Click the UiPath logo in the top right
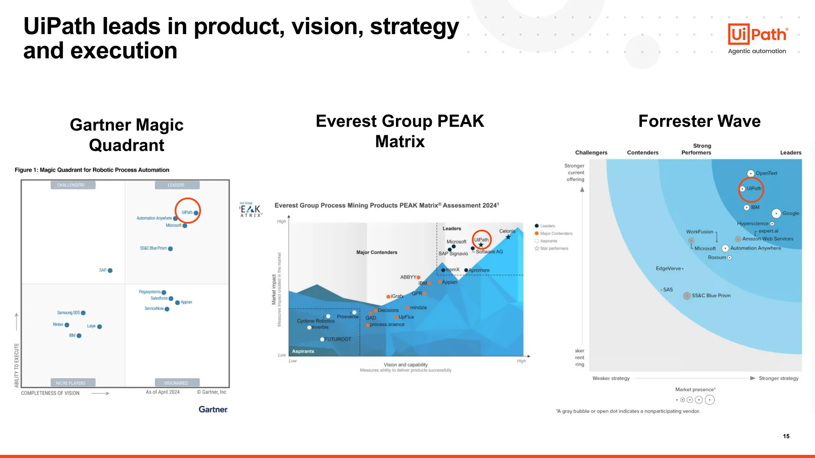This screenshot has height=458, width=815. tap(758, 34)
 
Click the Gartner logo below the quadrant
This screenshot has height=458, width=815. tap(213, 409)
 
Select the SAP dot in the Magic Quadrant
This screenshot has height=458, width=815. tap(110, 270)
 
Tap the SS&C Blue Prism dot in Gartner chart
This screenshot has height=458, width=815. tap(170, 249)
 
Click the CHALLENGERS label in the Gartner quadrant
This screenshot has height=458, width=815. tap(71, 185)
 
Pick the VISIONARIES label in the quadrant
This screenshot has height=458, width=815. tap(175, 383)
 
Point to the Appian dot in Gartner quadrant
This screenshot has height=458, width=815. tap(177, 303)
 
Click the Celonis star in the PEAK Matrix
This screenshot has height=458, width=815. tap(508, 237)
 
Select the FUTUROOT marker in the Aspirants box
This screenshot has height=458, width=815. tap(322, 340)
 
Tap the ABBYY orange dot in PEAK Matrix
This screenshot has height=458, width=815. tap(418, 278)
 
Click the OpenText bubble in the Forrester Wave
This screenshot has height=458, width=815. tap(751, 173)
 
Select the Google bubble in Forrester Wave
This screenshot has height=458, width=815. tap(776, 213)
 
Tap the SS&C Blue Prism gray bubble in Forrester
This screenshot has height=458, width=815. tap(687, 296)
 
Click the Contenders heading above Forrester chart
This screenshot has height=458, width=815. tap(642, 153)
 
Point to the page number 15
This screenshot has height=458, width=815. tap(786, 436)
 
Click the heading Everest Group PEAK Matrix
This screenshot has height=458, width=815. tap(400, 131)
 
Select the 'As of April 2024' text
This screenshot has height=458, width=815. tap(162, 392)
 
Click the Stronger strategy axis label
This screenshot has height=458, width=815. tap(778, 378)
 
